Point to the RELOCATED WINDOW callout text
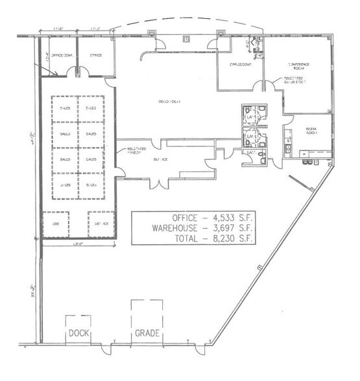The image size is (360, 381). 134,152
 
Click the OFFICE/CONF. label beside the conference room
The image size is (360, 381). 237,65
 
